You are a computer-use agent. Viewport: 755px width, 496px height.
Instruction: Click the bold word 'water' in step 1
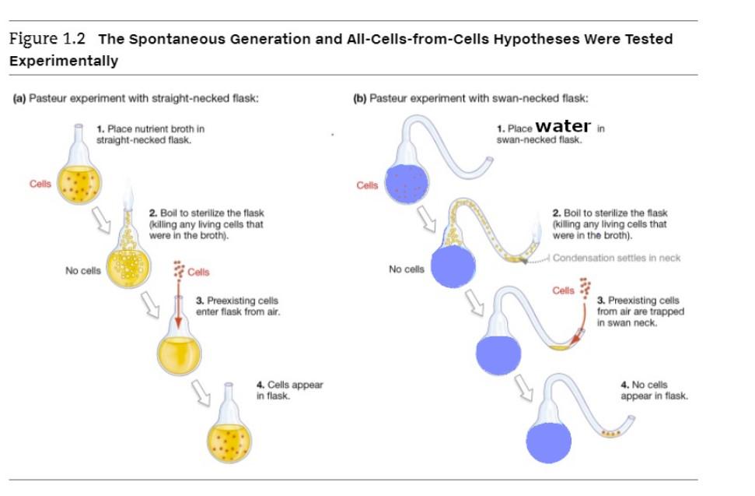tap(563, 125)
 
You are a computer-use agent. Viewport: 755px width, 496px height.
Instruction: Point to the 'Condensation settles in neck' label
tap(617, 258)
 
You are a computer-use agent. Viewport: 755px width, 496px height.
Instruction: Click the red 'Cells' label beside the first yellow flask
tap(40, 184)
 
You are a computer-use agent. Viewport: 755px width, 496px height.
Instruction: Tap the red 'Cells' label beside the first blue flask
tap(368, 185)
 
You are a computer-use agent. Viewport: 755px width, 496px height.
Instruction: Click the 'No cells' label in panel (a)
tap(83, 270)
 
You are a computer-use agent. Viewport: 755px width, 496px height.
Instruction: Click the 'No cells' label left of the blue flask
tap(407, 269)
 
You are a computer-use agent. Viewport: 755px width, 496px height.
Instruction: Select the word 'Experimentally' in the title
tap(64, 61)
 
